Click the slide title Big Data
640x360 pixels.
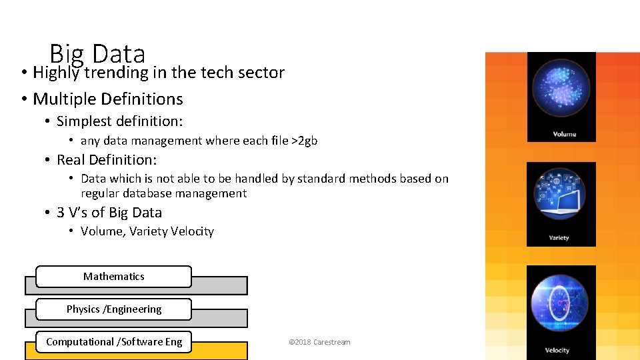97,53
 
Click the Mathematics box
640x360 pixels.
113,276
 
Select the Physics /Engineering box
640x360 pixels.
113,309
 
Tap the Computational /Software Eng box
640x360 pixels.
113,341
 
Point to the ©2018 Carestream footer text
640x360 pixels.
319,342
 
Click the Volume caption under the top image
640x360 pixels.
564,134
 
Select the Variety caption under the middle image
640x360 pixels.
559,238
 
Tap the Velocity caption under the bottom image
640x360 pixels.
557,350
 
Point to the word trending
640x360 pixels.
117,73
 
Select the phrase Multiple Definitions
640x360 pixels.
107,99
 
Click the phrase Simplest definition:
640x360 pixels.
119,121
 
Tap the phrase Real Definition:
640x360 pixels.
107,159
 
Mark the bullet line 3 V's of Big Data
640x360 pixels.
109,213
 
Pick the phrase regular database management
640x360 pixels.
163,193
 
